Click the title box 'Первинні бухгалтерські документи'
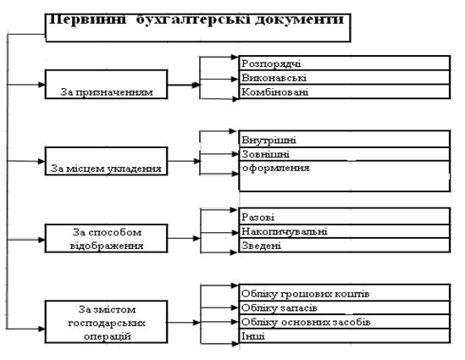click(198, 27)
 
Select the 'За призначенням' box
click(106, 84)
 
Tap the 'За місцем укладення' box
click(106, 161)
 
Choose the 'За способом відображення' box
click(106, 238)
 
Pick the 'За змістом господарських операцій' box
click(106, 322)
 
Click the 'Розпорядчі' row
click(345, 63)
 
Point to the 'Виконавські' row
click(345, 77)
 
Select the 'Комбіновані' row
click(345, 91)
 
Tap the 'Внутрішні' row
click(345, 139)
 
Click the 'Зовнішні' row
click(345, 154)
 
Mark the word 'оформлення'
click(276, 168)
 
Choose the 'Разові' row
click(345, 216)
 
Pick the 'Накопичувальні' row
click(345, 231)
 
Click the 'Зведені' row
click(345, 246)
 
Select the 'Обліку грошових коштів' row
click(345, 293)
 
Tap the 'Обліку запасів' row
click(345, 307)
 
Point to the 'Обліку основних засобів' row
click(345, 322)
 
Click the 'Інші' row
click(345, 336)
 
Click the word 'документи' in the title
click(299, 19)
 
